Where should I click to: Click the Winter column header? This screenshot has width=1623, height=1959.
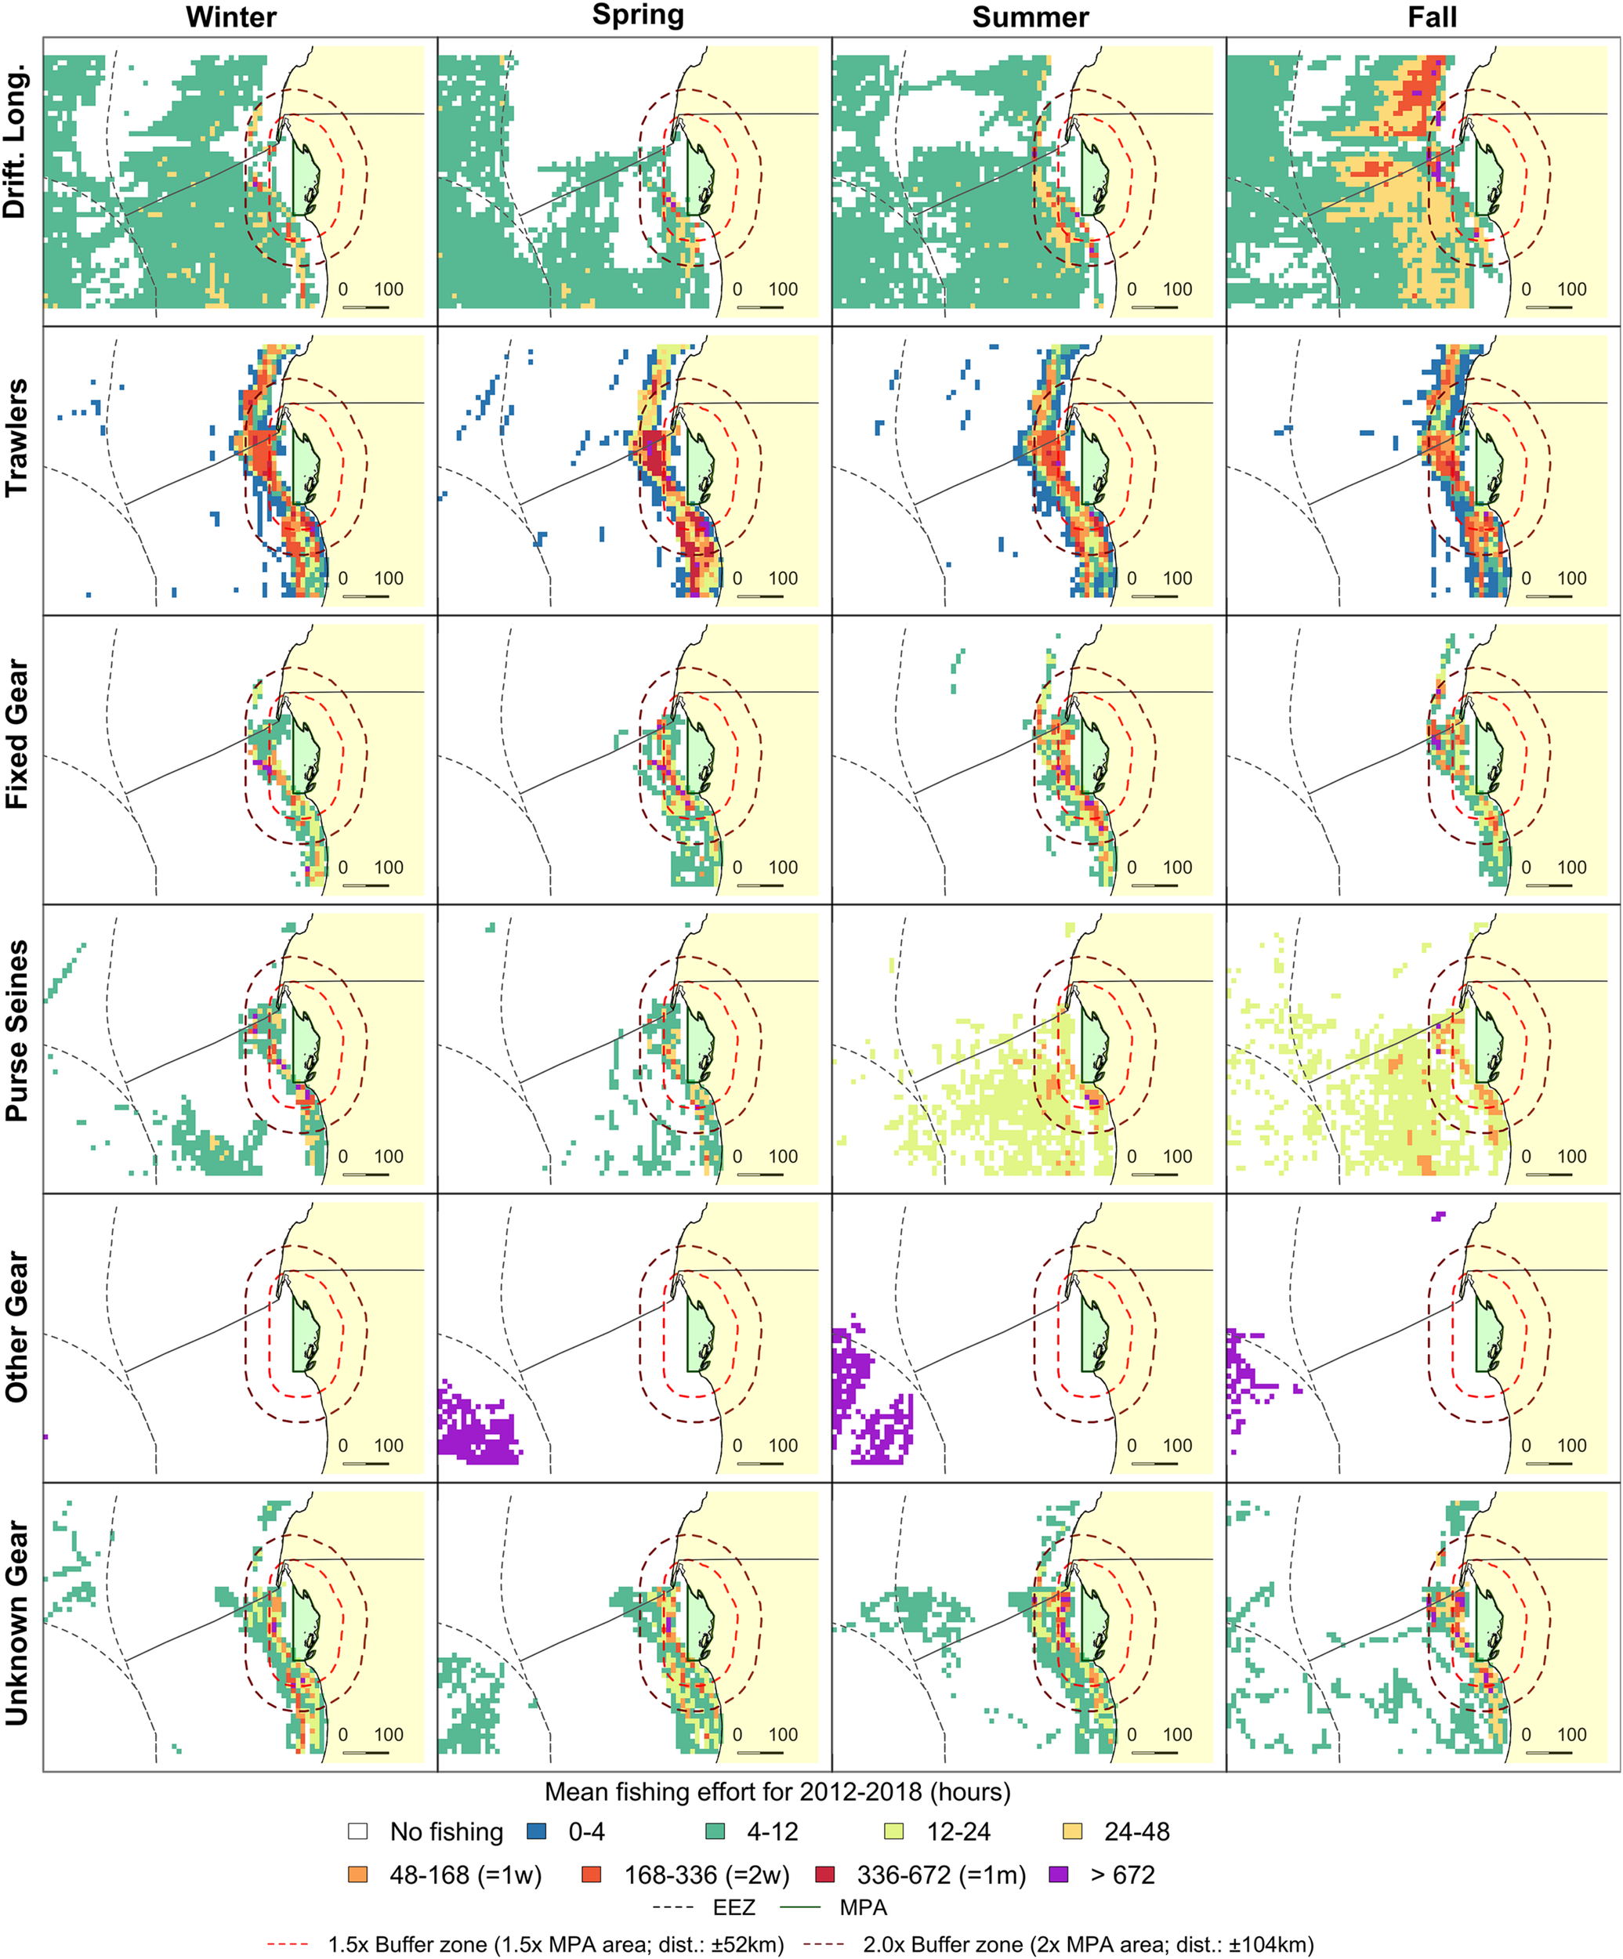(x=231, y=18)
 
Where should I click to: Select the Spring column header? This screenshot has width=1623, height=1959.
(x=638, y=16)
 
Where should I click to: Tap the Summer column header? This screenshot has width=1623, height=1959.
(x=1030, y=18)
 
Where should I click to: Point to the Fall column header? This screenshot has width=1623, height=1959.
(x=1432, y=18)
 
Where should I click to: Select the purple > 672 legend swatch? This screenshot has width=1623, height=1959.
(x=1059, y=1874)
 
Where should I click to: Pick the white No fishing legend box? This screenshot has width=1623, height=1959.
(x=357, y=1831)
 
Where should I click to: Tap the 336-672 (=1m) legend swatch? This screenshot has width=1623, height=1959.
(x=824, y=1874)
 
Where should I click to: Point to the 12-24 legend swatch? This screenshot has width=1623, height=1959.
(x=893, y=1831)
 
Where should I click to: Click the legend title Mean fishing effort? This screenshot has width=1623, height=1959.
(x=777, y=1792)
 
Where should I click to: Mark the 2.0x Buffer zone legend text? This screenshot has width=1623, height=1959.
(x=1088, y=1945)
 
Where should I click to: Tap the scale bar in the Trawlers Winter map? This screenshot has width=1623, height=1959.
(x=366, y=596)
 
